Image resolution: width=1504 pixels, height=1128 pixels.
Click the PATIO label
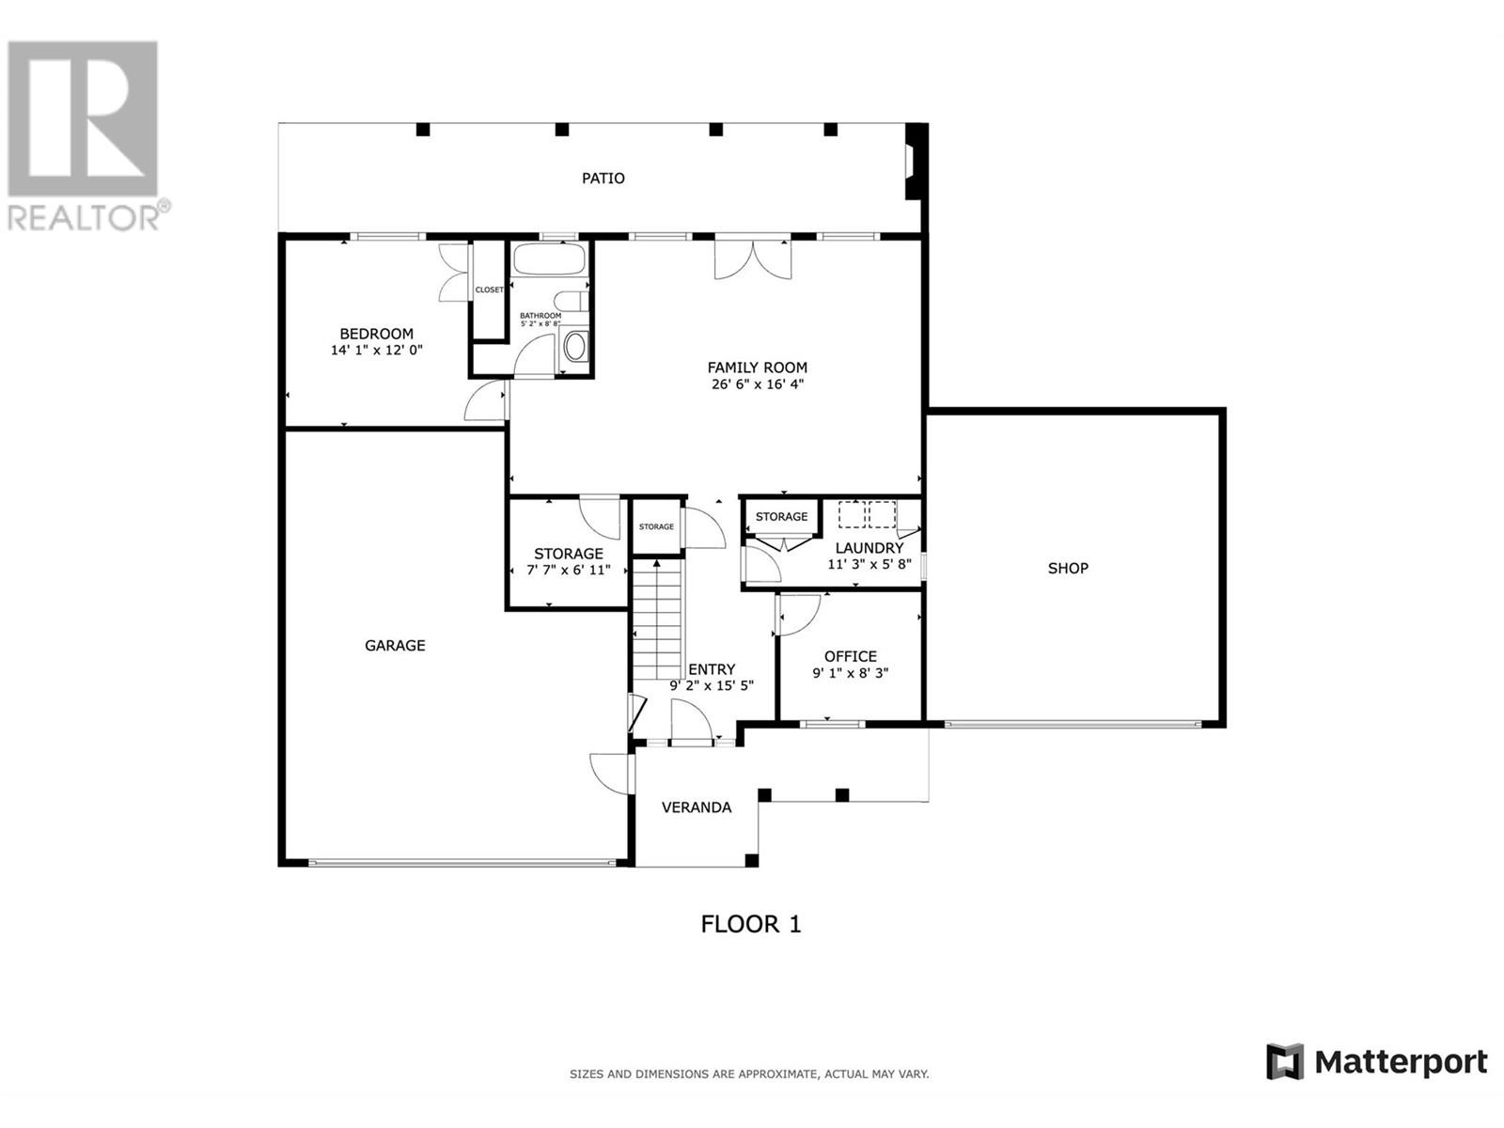[603, 178]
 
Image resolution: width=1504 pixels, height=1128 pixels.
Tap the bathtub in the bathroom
[550, 258]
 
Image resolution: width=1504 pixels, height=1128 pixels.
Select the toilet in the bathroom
[570, 302]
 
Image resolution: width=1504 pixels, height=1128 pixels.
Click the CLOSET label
[489, 290]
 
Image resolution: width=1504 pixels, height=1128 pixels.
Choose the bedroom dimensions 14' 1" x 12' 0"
[376, 350]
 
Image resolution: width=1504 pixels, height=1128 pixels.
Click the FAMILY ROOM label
[757, 368]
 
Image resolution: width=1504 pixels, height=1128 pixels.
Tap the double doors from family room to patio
[753, 259]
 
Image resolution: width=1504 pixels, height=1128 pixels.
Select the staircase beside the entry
[658, 619]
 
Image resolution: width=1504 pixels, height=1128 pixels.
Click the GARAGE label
[395, 645]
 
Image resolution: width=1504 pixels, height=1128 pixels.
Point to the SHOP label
[1068, 568]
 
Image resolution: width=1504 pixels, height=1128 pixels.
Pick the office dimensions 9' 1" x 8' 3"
[851, 672]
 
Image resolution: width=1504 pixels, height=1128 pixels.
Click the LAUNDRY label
[869, 548]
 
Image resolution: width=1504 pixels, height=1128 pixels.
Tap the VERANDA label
[697, 807]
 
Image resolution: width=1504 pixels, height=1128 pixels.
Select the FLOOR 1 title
[750, 924]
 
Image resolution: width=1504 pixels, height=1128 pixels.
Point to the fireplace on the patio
[916, 162]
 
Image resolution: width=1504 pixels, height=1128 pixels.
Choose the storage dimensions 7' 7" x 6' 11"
[568, 570]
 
